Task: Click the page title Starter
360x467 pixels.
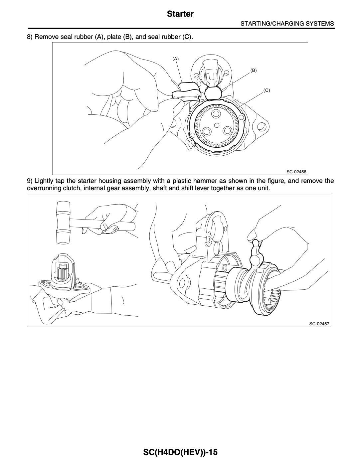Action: coord(180,14)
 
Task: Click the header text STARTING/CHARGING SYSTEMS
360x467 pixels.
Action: coord(287,24)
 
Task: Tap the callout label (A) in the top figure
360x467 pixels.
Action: coord(175,59)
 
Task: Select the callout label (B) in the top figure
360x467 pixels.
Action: coord(254,71)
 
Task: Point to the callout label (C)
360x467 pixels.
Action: coord(267,90)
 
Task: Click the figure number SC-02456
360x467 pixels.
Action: coord(296,172)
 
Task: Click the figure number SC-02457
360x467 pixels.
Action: coord(319,324)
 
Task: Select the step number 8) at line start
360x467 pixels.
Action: coord(30,36)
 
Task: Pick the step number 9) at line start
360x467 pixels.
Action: coord(30,181)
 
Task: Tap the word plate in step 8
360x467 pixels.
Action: coord(115,36)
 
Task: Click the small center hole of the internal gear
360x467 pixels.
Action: coord(217,125)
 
